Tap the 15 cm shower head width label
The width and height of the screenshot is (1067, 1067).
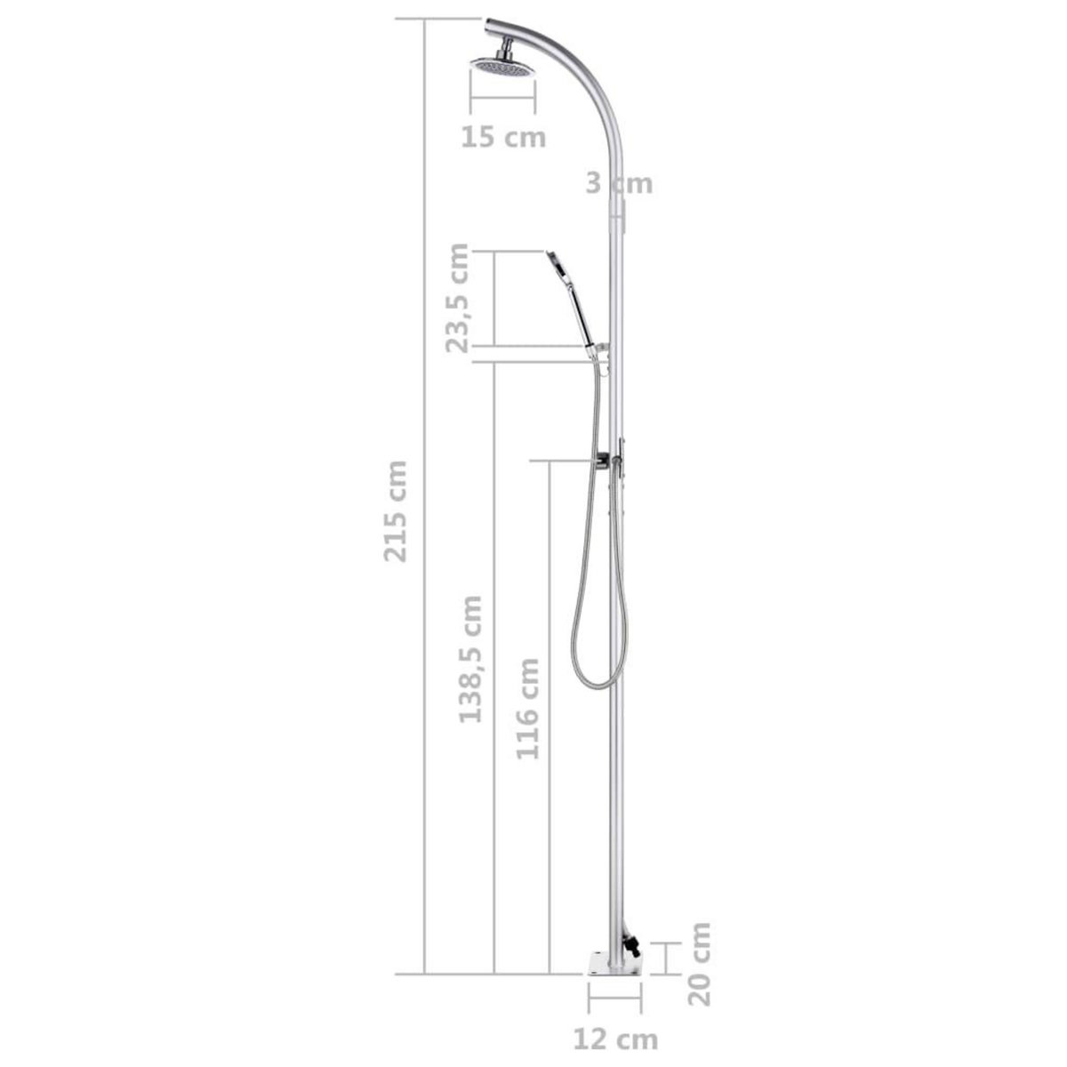(x=502, y=138)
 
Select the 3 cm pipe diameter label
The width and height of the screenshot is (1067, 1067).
(x=619, y=183)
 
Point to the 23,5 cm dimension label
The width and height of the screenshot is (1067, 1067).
(x=458, y=298)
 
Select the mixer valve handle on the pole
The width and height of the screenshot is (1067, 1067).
(x=606, y=461)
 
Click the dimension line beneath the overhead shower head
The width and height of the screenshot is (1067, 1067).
(x=502, y=114)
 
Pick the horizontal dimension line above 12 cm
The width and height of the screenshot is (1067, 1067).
(x=614, y=1009)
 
